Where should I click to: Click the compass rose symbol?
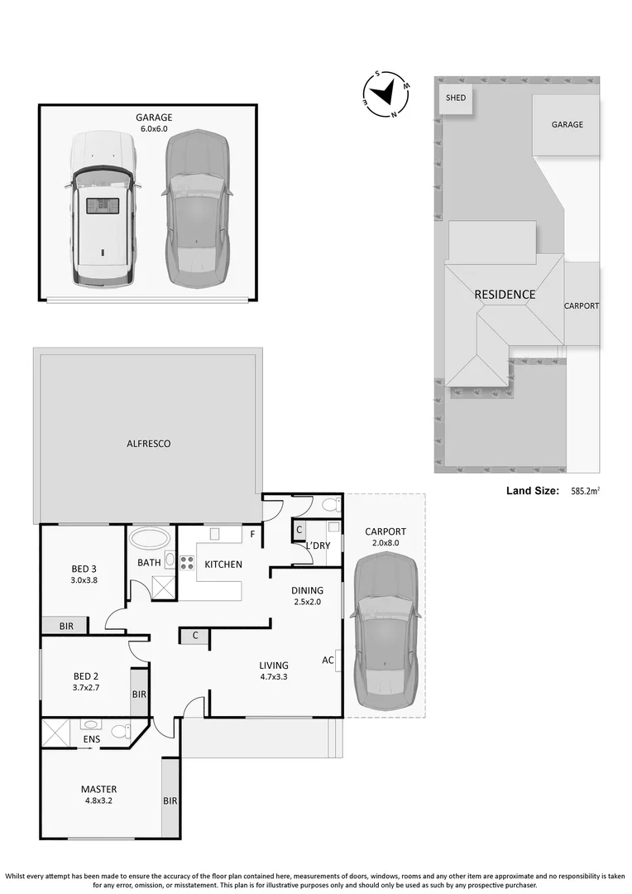pos(386,93)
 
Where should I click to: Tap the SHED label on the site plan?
pos(456,98)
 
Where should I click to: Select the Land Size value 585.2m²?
pos(585,491)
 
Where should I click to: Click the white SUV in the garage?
pos(102,209)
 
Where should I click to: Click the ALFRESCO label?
pos(149,444)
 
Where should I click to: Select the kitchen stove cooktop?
pos(187,564)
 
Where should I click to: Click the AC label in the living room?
pos(328,660)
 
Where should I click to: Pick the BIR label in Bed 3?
pos(66,627)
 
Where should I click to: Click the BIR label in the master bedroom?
pos(170,800)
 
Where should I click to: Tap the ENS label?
pos(92,739)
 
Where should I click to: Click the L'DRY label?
pos(318,546)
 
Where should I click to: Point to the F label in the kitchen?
pos(252,534)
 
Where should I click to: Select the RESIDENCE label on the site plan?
pos(505,295)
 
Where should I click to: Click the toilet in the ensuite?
pos(120,732)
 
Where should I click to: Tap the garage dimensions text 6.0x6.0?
pos(154,129)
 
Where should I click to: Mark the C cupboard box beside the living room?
pos(194,636)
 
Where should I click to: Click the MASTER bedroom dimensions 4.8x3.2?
pos(98,800)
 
